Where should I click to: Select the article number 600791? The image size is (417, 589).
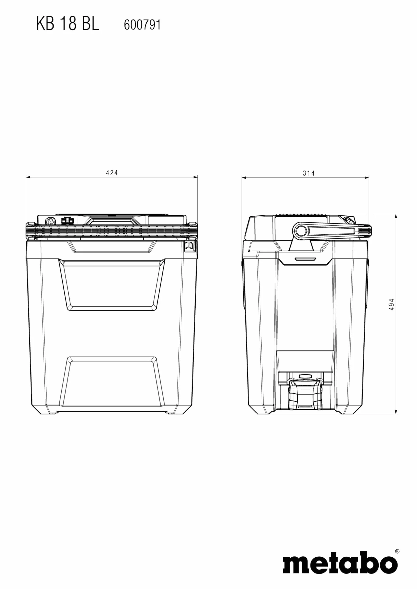tap(142, 25)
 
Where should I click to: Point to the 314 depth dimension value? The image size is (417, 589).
tap(309, 173)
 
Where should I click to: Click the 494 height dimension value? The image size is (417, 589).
tap(391, 305)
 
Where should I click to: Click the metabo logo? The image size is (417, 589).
tap(340, 566)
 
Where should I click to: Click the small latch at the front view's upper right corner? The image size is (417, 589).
tap(190, 246)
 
